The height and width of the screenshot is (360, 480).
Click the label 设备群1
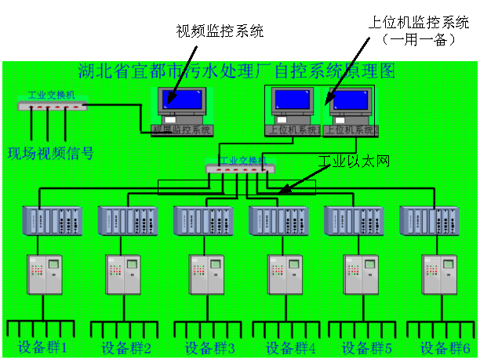[x=43, y=347]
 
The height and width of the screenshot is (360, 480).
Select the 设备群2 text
[x=126, y=347]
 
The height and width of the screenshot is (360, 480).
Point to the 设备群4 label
[x=291, y=347]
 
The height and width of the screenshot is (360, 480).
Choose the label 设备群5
[x=366, y=347]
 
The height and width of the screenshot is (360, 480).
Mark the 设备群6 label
[x=445, y=347]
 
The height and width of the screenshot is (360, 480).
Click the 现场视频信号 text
[x=50, y=153]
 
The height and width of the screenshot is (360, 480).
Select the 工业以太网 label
[x=354, y=162]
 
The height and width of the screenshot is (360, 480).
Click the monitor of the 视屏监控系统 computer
[x=180, y=100]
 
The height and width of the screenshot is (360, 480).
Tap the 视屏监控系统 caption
[x=182, y=129]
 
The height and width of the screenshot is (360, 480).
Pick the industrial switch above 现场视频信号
[x=52, y=104]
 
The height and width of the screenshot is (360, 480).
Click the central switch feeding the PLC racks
[x=240, y=168]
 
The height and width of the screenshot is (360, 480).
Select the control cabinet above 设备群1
[x=44, y=275]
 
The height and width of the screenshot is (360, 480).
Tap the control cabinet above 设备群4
[x=285, y=275]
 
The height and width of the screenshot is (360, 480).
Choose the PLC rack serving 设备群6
[x=429, y=220]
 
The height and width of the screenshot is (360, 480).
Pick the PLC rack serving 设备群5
[x=354, y=220]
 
